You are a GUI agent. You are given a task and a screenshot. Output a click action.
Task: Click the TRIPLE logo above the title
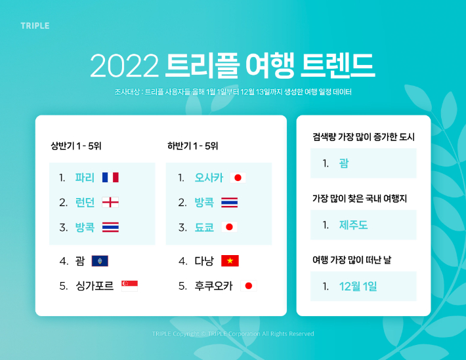(35, 26)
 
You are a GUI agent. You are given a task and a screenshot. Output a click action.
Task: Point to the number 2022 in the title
(125, 66)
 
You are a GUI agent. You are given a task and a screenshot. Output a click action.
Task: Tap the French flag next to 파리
(110, 177)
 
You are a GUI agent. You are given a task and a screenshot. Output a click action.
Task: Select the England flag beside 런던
(110, 202)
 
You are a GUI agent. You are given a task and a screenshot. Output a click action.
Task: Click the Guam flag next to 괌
(100, 261)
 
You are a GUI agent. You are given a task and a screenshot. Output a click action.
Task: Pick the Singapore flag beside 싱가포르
(129, 286)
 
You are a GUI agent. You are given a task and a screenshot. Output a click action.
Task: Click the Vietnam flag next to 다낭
(230, 261)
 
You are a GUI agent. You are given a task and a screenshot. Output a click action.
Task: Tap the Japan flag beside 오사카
(238, 178)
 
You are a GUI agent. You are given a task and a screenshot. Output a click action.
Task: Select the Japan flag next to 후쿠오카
(249, 286)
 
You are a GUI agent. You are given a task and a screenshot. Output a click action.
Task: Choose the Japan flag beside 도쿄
(229, 227)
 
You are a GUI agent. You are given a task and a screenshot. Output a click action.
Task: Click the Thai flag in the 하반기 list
(230, 202)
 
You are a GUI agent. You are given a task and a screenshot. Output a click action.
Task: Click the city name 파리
(85, 178)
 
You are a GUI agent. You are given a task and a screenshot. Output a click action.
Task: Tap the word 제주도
(353, 225)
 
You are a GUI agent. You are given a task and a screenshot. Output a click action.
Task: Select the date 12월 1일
(358, 287)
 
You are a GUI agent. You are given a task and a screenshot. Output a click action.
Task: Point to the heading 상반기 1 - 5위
(76, 146)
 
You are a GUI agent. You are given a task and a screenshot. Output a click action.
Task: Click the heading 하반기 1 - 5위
(192, 146)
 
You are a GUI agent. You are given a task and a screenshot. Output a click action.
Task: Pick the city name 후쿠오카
(214, 286)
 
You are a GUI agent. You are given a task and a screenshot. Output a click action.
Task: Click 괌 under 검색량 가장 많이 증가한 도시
(344, 163)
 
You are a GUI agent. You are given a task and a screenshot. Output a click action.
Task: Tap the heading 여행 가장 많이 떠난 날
(352, 260)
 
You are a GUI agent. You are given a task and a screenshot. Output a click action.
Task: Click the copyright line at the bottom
(233, 334)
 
